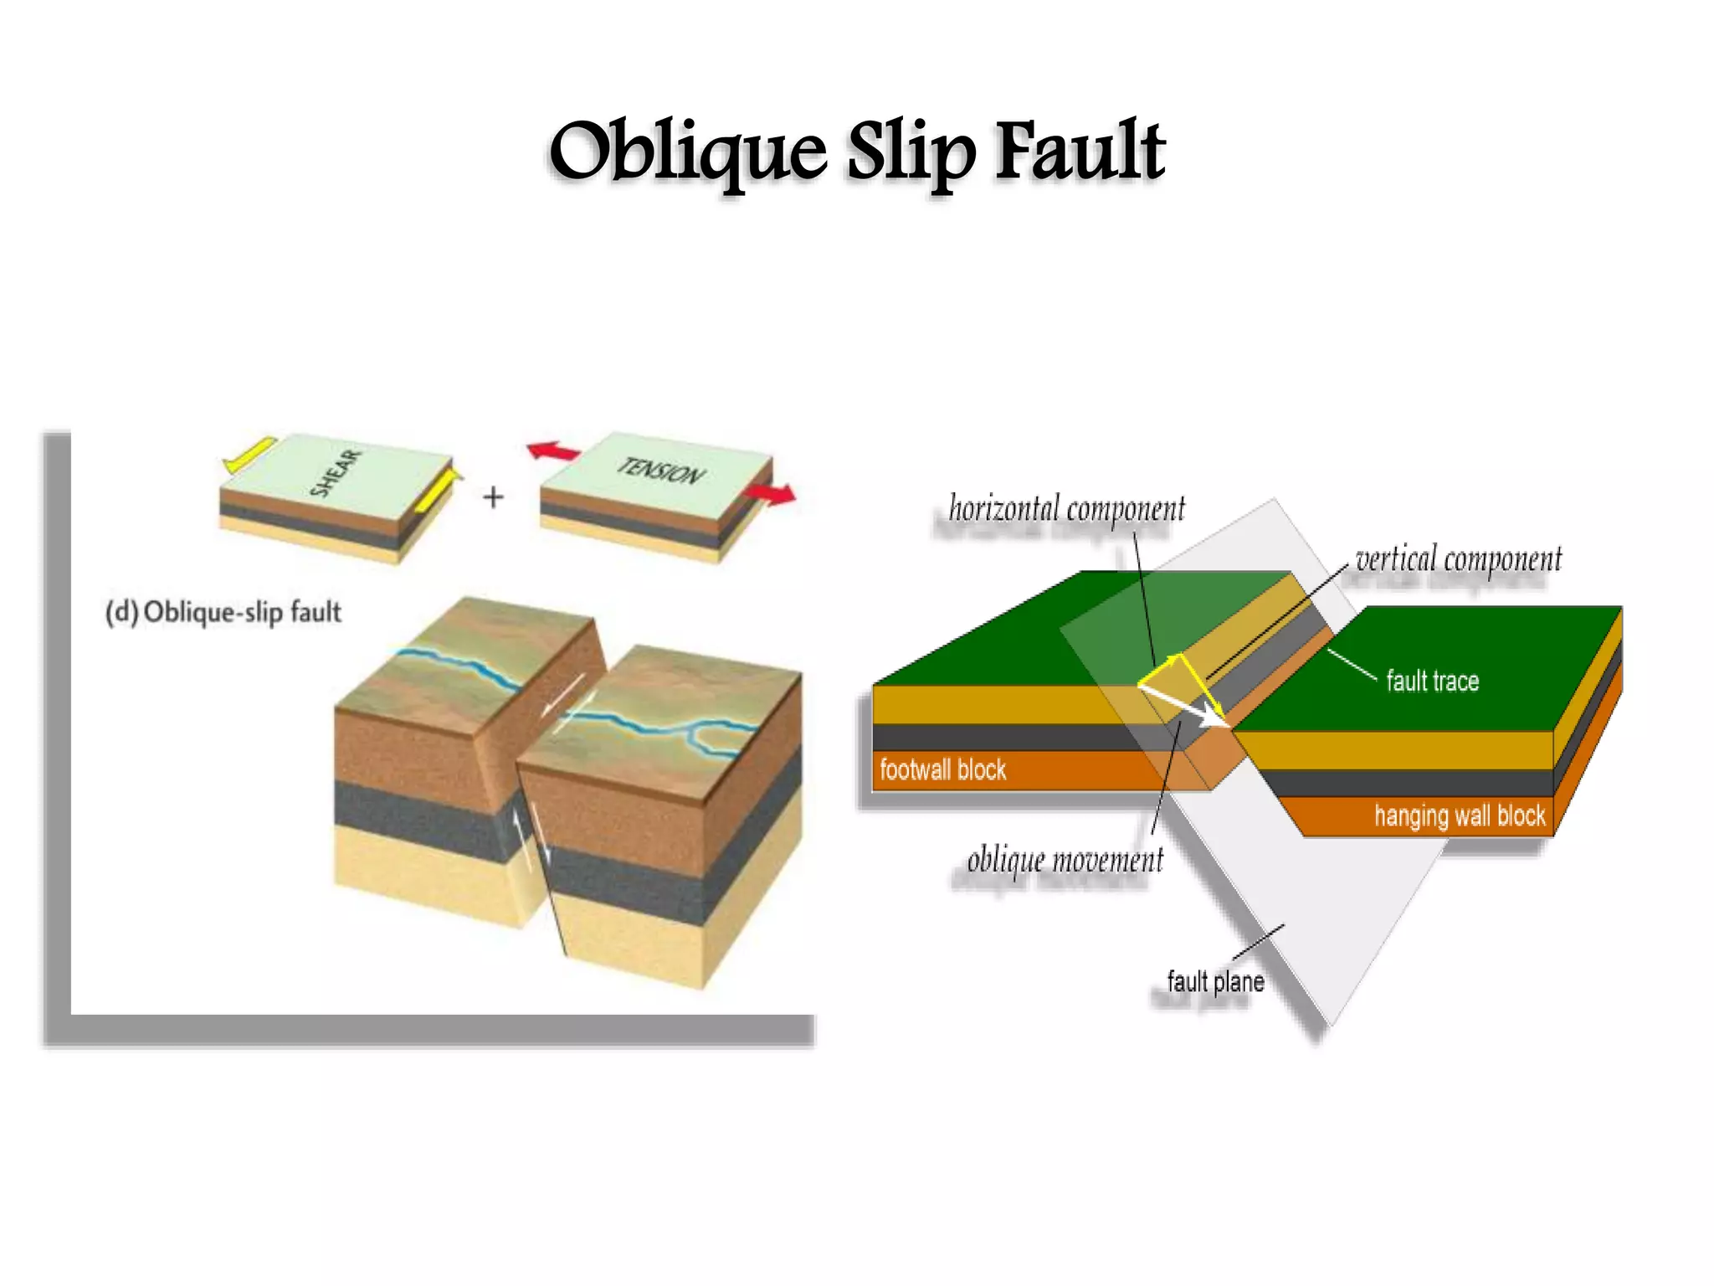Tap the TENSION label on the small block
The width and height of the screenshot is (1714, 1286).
point(661,471)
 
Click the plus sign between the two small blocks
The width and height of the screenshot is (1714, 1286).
point(494,497)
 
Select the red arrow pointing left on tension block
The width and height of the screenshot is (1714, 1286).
point(552,452)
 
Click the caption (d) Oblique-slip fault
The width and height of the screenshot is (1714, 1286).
point(223,612)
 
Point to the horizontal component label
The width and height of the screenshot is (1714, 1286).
point(1066,509)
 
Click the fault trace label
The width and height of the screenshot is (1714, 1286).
point(1432,682)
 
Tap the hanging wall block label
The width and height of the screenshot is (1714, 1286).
point(1460,815)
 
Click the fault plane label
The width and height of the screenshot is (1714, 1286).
point(1215,981)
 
